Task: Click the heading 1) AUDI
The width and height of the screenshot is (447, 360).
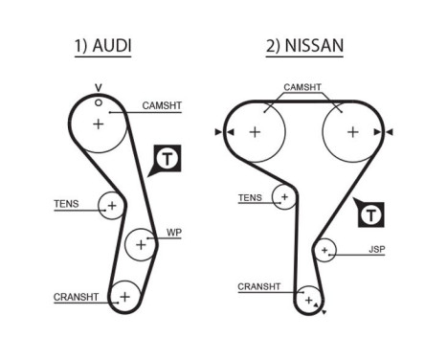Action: [x=102, y=46]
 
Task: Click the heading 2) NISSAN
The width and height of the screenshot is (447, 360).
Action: [x=304, y=46]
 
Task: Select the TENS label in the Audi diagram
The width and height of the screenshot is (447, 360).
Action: [x=67, y=204]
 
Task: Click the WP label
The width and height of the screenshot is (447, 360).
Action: [x=173, y=233]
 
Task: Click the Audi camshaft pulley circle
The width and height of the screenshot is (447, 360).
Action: [x=99, y=124]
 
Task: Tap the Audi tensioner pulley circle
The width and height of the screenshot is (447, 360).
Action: [x=112, y=206]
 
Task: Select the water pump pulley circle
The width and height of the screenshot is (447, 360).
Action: [x=141, y=244]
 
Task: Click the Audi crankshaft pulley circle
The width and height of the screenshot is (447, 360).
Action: [x=123, y=297]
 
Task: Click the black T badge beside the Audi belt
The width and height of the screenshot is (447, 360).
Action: [x=165, y=158]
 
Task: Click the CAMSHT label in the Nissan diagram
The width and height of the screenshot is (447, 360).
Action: [x=302, y=87]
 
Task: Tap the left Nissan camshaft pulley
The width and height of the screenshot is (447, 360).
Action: [x=255, y=131]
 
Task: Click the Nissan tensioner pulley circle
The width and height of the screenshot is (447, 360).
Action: [x=282, y=197]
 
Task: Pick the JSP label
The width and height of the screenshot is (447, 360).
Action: [x=376, y=250]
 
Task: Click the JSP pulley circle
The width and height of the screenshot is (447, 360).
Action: [x=325, y=251]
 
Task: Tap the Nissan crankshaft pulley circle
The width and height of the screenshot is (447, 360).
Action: [x=307, y=301]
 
